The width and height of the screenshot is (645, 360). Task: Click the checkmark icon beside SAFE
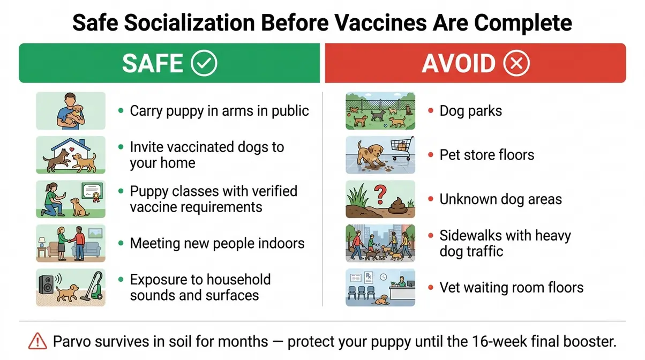(x=204, y=63)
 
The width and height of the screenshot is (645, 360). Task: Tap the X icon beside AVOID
(x=516, y=63)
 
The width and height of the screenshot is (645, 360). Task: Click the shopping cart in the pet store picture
(x=401, y=148)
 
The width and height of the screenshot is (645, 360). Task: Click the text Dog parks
(x=471, y=111)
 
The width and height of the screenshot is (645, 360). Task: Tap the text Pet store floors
(x=487, y=155)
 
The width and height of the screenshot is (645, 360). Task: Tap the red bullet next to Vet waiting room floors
(x=431, y=288)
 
